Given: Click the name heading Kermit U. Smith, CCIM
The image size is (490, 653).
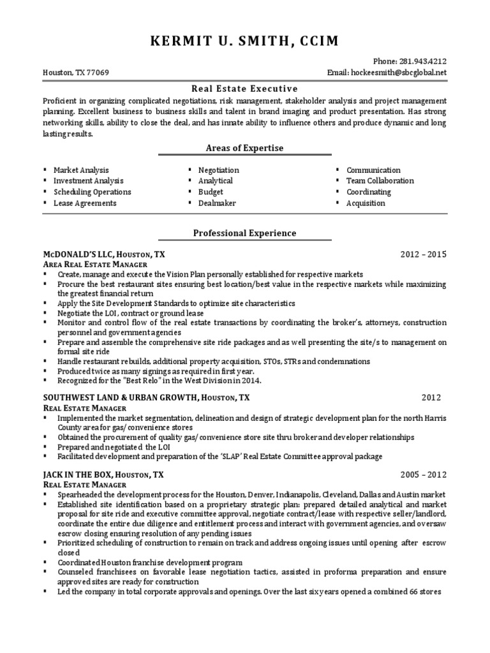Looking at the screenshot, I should tap(245, 42).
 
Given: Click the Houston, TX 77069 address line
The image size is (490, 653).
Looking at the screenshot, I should tap(76, 73).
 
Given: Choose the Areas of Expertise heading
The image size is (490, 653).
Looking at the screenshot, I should tap(245, 148).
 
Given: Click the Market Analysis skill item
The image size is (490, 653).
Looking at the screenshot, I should tap(81, 170).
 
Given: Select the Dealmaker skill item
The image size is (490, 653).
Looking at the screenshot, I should tap(217, 203).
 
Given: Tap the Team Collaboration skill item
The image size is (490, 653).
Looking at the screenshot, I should tap(380, 181).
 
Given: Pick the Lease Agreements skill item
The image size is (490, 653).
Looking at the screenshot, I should tap(85, 203).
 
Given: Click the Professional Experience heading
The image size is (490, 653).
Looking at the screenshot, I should tap(245, 233).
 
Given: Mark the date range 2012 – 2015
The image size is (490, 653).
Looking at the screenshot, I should tap(424, 254).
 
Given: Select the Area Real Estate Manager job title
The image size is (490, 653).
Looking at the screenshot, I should tap(95, 264).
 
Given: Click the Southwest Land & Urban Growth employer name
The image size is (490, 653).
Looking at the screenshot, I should tap(118, 397).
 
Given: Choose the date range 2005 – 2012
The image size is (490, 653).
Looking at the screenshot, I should tap(424, 475).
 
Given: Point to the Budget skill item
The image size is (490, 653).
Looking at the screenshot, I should tap(211, 192).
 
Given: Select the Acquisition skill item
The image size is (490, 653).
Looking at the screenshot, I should tap(366, 203).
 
